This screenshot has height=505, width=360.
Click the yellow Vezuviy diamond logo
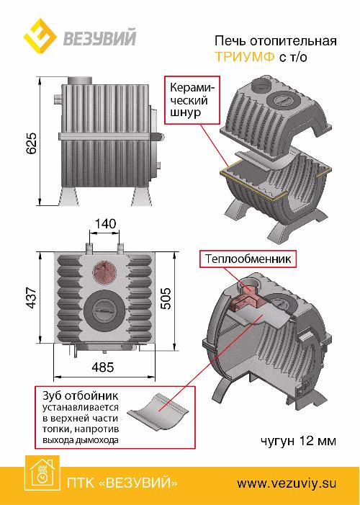point(40,37)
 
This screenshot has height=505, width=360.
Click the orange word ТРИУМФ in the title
point(245,57)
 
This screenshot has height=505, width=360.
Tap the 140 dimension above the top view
point(105,223)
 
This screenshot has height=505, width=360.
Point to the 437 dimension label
point(32,297)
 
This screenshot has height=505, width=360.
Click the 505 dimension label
point(166,298)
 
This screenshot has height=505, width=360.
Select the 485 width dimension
point(103,367)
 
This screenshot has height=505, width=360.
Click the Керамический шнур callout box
point(192,100)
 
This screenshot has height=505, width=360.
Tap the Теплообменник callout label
point(248,259)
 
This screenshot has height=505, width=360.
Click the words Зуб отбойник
point(81,395)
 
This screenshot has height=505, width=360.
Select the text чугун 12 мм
point(298,440)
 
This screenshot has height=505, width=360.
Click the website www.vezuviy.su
point(287,483)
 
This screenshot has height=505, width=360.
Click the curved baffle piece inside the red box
point(158,411)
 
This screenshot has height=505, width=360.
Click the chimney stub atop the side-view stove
point(80,80)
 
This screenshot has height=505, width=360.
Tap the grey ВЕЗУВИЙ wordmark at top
point(100,37)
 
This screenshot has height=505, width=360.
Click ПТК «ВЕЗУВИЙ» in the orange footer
point(122,483)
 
